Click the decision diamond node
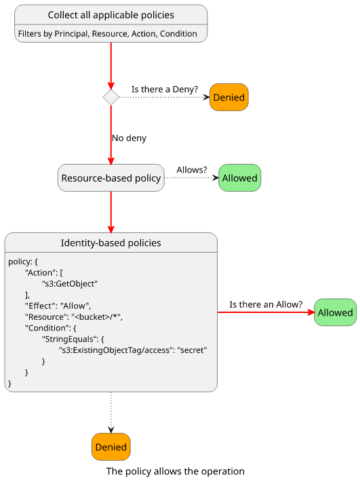point(111,98)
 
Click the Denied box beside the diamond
point(228,98)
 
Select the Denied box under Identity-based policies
point(111,446)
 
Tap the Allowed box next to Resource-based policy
point(239,177)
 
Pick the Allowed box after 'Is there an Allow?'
point(335,312)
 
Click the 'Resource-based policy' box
point(111,177)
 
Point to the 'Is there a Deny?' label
point(165,89)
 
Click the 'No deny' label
point(129,138)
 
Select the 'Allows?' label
point(192,170)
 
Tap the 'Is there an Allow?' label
point(266,304)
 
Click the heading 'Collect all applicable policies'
point(111,15)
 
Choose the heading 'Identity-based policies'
point(111,243)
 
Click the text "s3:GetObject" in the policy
point(70,284)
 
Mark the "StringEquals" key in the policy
point(69,339)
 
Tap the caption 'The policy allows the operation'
point(176,471)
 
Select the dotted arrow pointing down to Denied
point(111,413)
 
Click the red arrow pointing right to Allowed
point(266,312)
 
